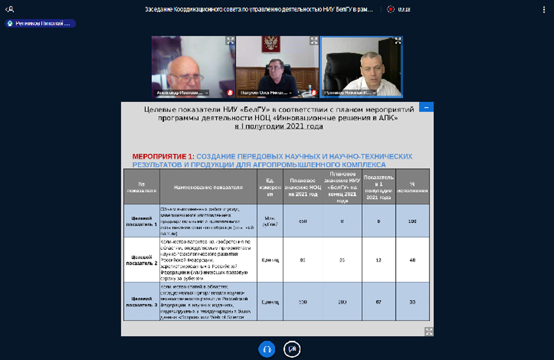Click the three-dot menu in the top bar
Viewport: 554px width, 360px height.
click(543, 9)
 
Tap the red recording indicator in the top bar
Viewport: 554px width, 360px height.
click(391, 9)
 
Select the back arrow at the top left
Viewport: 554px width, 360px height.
click(9, 9)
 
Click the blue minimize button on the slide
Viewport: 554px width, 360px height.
click(426, 107)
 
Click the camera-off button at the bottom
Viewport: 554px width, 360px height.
click(292, 349)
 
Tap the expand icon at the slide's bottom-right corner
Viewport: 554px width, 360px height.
click(428, 331)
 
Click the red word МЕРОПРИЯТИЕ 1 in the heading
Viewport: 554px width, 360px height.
click(162, 157)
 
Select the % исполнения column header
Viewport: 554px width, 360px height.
click(412, 187)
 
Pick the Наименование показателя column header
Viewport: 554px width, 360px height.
click(208, 187)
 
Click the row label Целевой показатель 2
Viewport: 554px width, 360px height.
click(141, 260)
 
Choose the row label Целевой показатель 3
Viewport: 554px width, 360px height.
click(141, 302)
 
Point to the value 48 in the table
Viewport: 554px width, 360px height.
click(412, 260)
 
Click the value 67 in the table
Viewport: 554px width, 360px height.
click(379, 302)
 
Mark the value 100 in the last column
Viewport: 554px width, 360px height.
click(412, 221)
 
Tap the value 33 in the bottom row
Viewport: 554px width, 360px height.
click(412, 302)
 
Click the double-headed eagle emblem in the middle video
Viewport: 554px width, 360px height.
click(271, 44)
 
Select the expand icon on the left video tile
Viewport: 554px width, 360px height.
click(230, 40)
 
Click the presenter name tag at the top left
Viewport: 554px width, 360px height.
click(40, 23)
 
